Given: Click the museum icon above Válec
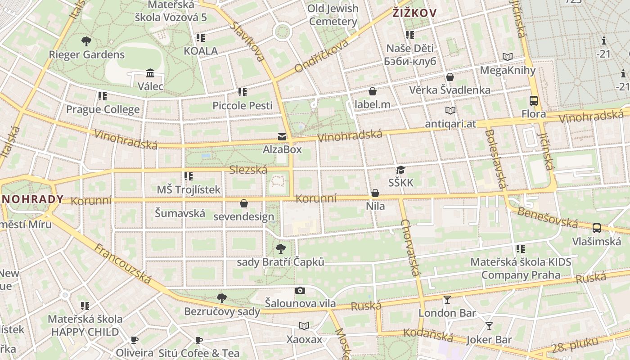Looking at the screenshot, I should [150, 73].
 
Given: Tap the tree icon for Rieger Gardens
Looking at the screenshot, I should [86, 41].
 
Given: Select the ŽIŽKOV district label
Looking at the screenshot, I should [414, 13].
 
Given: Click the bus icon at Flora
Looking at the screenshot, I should [534, 101].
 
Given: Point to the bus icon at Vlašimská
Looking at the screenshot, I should [596, 228].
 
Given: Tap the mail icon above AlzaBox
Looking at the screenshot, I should [282, 136].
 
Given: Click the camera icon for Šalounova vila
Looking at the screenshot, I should [300, 291].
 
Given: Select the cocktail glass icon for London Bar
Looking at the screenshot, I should [447, 300].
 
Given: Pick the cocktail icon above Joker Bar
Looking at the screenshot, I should [489, 326].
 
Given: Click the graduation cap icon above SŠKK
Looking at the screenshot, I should [400, 170].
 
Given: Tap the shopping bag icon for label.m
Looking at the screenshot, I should [372, 92].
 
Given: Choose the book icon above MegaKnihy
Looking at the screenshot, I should [508, 57].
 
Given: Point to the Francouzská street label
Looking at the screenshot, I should [122, 264].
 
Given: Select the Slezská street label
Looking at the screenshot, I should [248, 170].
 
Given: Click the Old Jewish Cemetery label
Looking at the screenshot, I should [333, 15].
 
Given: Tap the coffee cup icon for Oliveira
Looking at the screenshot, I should [134, 340].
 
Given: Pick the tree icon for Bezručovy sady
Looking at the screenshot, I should [221, 298].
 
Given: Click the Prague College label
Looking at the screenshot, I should [103, 109].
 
